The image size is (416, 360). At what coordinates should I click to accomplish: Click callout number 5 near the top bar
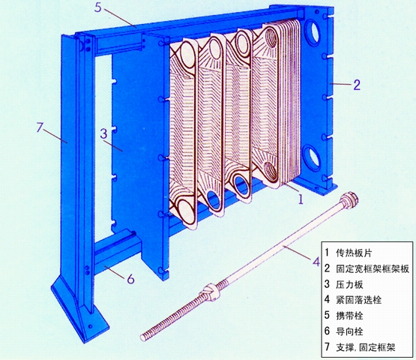tap(98, 7)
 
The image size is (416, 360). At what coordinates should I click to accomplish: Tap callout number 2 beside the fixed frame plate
tap(357, 85)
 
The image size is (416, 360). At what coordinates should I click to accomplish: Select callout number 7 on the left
tap(40, 127)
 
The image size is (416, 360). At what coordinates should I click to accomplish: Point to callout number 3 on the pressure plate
tap(103, 133)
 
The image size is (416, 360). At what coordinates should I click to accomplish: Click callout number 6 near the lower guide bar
tap(130, 279)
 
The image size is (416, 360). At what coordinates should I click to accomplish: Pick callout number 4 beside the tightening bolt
tap(316, 262)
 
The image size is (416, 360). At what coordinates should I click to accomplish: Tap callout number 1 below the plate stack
tap(301, 199)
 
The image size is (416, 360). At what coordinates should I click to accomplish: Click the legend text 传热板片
tap(354, 253)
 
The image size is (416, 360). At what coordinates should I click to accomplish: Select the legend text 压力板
tap(349, 284)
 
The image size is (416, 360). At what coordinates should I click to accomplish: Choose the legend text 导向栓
tap(349, 331)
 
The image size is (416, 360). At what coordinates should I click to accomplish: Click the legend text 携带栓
tap(349, 316)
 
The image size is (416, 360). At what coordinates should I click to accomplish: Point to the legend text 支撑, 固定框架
tap(366, 347)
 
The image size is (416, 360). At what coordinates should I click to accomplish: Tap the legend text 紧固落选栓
tap(359, 300)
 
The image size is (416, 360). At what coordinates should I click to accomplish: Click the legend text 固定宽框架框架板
tap(373, 269)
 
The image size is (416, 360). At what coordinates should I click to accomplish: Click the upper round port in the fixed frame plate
tap(313, 32)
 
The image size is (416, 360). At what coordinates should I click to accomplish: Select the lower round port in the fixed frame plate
tap(312, 156)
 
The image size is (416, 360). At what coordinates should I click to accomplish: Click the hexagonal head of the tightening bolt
tap(351, 198)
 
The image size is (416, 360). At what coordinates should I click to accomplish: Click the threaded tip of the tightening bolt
tap(143, 337)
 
